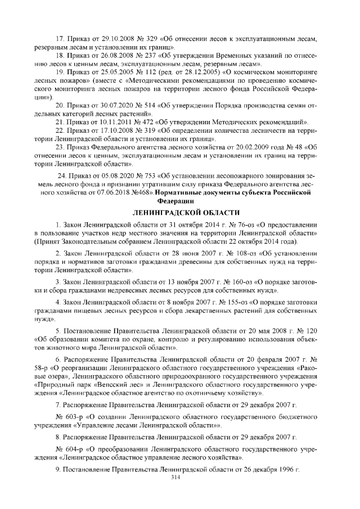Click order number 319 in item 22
coord(147,130)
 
